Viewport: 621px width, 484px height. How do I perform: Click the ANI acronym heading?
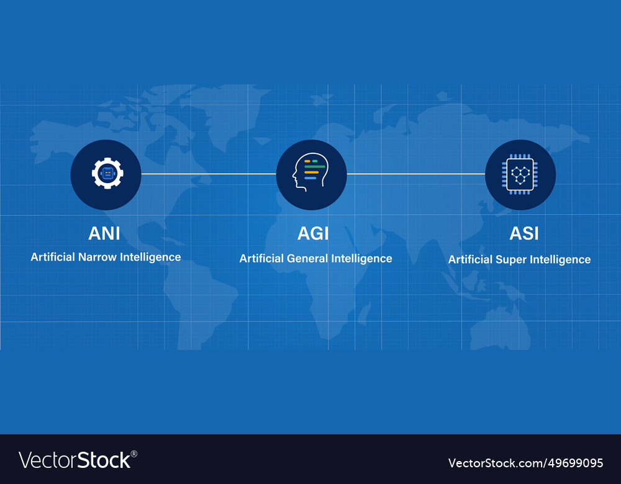pos(104,233)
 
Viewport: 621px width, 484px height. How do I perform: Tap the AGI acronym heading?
pos(313,233)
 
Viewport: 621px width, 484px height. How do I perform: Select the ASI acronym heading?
pos(524,233)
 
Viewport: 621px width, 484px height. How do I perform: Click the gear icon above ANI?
pos(107,173)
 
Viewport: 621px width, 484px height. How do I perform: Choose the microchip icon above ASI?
pos(520,174)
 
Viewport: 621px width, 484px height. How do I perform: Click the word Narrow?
pos(97,258)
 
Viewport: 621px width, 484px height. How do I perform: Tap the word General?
pos(307,258)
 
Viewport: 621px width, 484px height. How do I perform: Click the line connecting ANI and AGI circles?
pos(209,174)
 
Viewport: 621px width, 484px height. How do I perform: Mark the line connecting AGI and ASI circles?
pos(416,174)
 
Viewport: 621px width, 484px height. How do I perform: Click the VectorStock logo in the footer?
pos(78,460)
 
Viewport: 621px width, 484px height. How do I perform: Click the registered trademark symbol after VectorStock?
pos(134,454)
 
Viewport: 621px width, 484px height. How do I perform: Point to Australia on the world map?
pos(500,328)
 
